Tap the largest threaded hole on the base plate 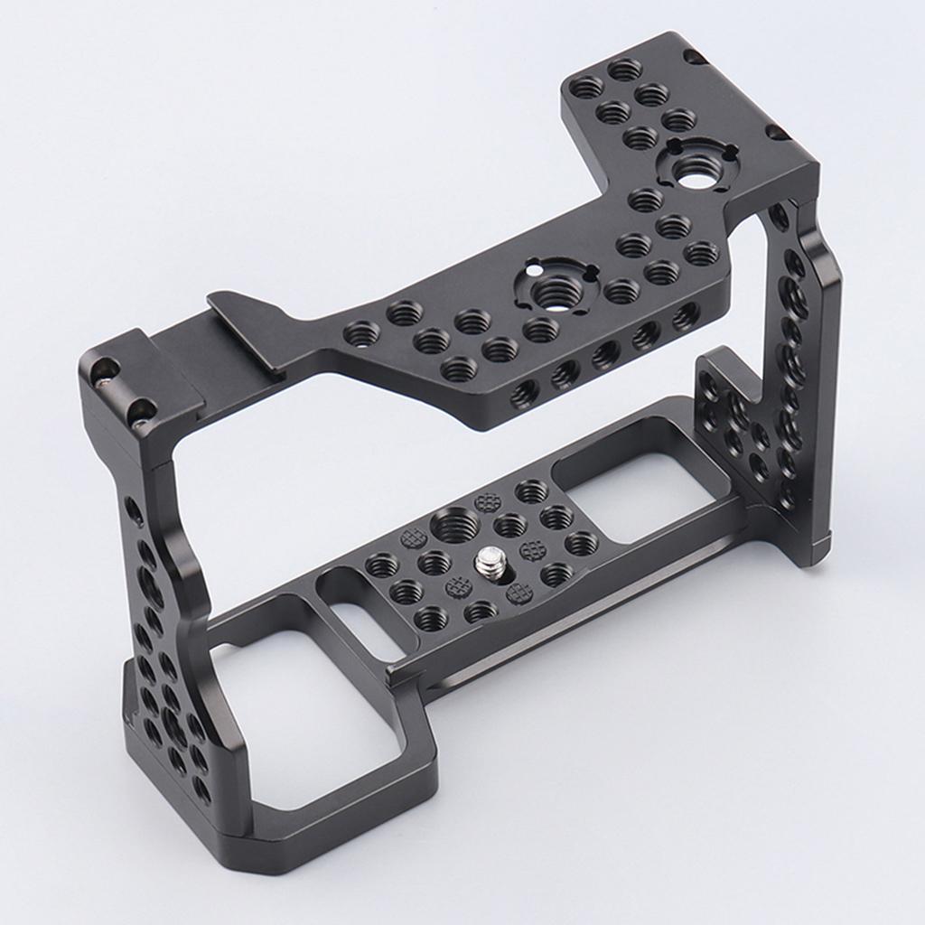point(455,525)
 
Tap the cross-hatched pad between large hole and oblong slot point(414,539)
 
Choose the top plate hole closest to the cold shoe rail point(362,334)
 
